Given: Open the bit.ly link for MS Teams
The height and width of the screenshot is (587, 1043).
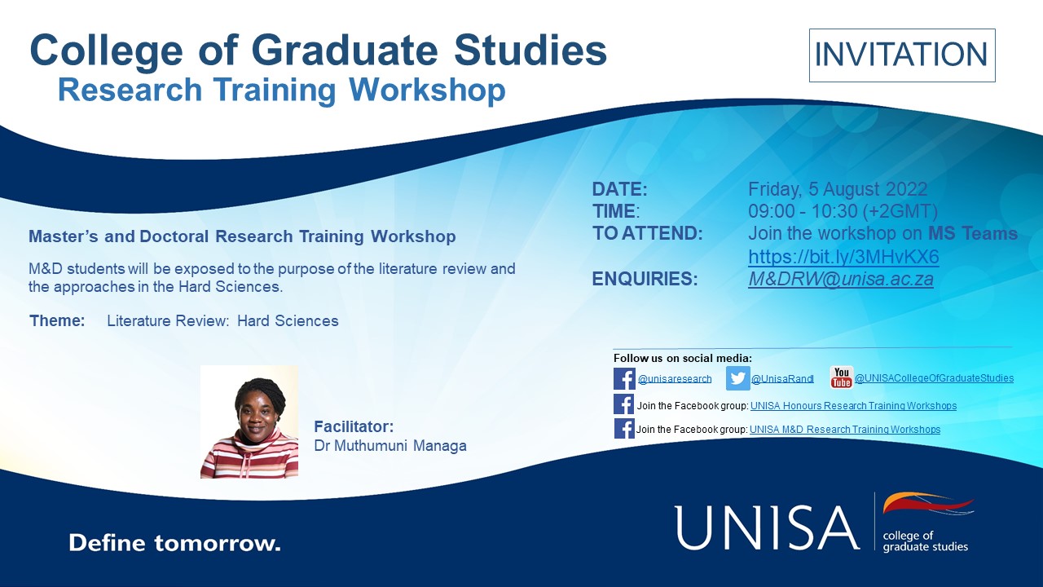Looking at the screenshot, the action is (x=843, y=257).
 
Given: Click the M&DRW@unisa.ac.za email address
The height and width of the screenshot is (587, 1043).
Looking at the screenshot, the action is (x=840, y=279).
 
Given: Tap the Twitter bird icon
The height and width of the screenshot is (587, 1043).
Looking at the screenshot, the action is (x=737, y=377).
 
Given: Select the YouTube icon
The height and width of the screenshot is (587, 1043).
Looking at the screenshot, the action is (x=842, y=377).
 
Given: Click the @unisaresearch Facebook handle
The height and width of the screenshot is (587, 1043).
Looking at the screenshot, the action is (x=675, y=379).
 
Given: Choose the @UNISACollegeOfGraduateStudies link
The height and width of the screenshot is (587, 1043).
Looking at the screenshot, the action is (x=934, y=377).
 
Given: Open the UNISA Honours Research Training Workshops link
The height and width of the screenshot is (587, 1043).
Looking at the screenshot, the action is (x=853, y=406).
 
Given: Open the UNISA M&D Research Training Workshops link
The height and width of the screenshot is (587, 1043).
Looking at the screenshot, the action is (x=845, y=429).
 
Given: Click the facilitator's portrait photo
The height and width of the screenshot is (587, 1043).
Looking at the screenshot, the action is (x=249, y=421).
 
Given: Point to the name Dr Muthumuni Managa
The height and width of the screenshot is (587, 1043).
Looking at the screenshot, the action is (x=390, y=446).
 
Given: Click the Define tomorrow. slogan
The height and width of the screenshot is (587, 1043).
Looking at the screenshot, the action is (x=174, y=543).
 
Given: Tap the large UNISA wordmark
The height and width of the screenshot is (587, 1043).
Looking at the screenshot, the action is (x=767, y=527).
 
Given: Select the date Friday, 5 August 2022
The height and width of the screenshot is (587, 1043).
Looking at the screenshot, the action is (x=838, y=189).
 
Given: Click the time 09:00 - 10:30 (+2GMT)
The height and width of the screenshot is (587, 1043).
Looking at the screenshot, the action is (x=843, y=211).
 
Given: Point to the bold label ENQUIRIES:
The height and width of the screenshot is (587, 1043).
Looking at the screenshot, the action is (x=645, y=279).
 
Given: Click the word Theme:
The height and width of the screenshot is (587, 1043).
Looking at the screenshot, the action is (x=57, y=321).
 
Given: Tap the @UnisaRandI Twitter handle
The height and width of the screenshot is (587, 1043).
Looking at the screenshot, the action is (x=782, y=379).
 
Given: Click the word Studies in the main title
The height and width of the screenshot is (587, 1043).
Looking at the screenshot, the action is (x=530, y=50).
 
